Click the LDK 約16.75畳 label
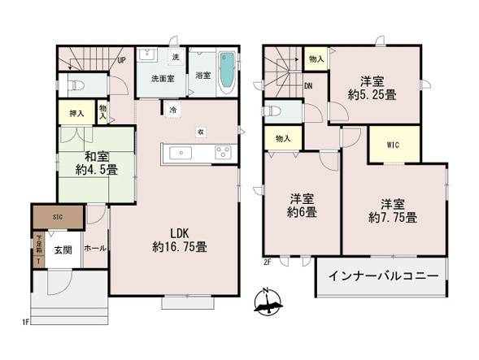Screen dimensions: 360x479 (x=181, y=240)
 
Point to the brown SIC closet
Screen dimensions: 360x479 (x=57, y=218)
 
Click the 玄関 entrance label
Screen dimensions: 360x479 (x=62, y=249)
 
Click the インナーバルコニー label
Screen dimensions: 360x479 (x=383, y=276)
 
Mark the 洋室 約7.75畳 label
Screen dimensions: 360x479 (x=392, y=210)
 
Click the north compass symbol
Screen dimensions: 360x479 (x=268, y=302)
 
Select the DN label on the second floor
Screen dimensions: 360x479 (x=310, y=85)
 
